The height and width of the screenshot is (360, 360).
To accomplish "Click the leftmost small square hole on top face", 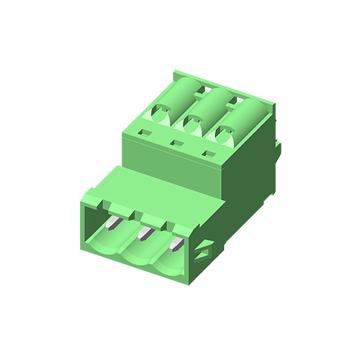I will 143,133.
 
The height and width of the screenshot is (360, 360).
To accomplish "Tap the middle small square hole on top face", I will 176,144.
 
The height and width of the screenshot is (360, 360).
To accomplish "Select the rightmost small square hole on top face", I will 210,153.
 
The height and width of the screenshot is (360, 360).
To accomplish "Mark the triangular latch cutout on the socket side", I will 205,248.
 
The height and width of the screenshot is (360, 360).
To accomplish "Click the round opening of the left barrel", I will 161,112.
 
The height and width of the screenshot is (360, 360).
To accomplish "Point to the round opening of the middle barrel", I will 192,124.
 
